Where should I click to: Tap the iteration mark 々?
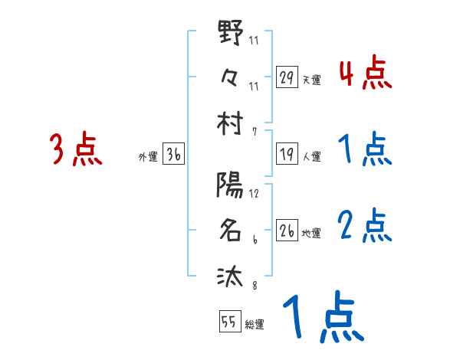click(230, 77)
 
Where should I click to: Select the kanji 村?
click(230, 123)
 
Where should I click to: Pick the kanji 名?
click(230, 231)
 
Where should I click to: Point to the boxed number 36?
click(173, 155)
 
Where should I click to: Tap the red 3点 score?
click(76, 149)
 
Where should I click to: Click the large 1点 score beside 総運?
click(322, 318)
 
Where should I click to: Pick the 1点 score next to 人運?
click(365, 149)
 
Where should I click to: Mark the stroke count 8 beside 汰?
click(254, 287)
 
